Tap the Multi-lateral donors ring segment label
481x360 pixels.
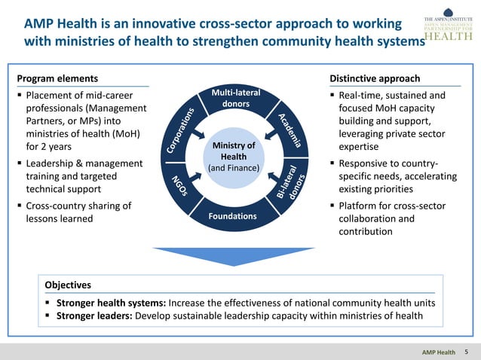[235, 98]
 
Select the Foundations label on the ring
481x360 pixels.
[234, 216]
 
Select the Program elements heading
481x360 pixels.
[57, 78]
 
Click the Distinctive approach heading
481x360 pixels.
[375, 78]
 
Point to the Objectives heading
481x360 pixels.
[68, 285]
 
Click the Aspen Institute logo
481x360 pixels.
[448, 28]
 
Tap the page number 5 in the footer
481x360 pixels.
[467, 352]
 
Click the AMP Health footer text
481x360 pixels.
[438, 352]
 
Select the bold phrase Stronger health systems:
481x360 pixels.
[111, 303]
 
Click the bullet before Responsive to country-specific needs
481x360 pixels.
[332, 163]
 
